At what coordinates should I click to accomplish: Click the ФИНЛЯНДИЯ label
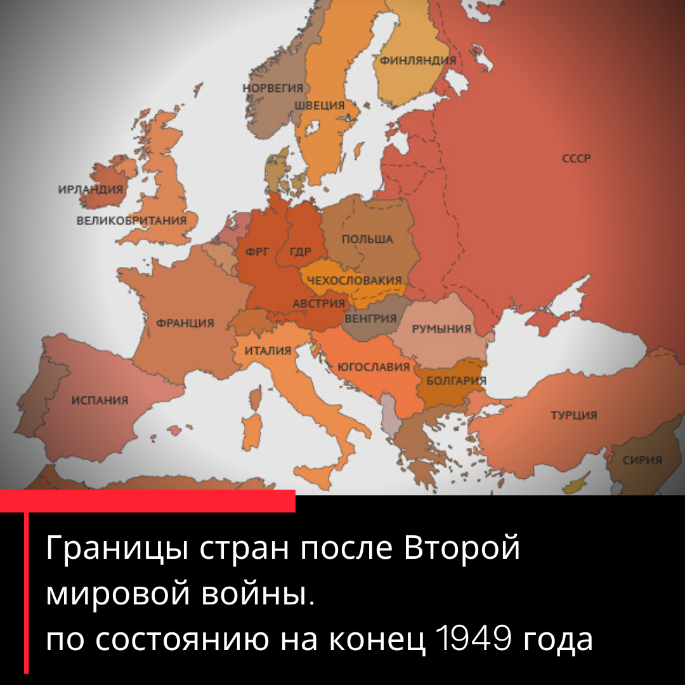pyautogui.click(x=418, y=61)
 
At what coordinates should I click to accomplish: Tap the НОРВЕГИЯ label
pyautogui.click(x=273, y=88)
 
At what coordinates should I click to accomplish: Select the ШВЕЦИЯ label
pyautogui.click(x=320, y=105)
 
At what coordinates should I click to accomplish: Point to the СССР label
pyautogui.click(x=577, y=158)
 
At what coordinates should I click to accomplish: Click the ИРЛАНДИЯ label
pyautogui.click(x=90, y=189)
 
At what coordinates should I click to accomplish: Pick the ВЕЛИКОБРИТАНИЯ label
pyautogui.click(x=131, y=221)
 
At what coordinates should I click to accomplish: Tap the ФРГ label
pyautogui.click(x=258, y=252)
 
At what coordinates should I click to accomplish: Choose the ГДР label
pyautogui.click(x=300, y=252)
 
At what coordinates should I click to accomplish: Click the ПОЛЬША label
pyautogui.click(x=367, y=239)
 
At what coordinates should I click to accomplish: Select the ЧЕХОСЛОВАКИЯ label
pyautogui.click(x=354, y=280)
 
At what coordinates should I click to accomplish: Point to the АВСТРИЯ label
pyautogui.click(x=318, y=303)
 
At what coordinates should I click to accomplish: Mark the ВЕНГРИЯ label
pyautogui.click(x=370, y=318)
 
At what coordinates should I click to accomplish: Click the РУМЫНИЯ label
pyautogui.click(x=441, y=329)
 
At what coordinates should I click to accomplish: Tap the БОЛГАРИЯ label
pyautogui.click(x=456, y=381)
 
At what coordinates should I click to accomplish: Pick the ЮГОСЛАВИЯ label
pyautogui.click(x=374, y=367)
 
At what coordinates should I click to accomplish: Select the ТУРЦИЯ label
pyautogui.click(x=573, y=415)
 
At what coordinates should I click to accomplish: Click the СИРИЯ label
pyautogui.click(x=642, y=460)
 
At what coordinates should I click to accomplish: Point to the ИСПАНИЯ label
pyautogui.click(x=100, y=400)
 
